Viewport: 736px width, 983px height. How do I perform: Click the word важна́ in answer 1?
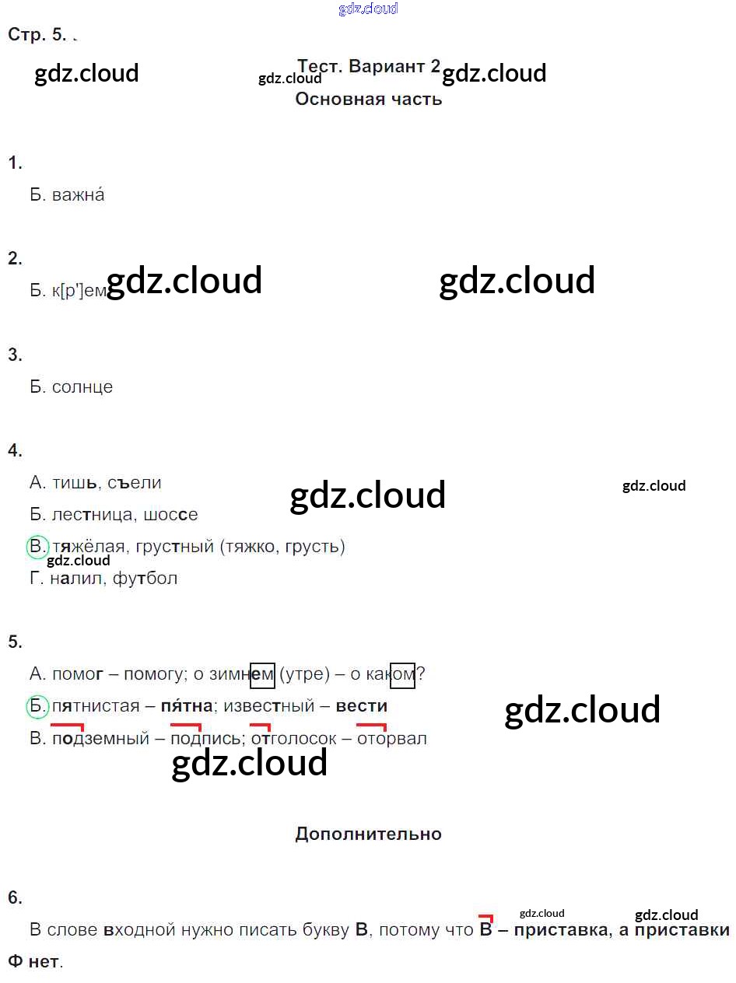click(78, 195)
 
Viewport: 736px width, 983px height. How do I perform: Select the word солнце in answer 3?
click(82, 387)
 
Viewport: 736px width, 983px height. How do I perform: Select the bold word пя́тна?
click(187, 706)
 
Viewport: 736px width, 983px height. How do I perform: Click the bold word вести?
click(362, 706)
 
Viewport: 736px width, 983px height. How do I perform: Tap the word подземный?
click(100, 739)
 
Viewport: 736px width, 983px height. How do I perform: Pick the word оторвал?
click(392, 739)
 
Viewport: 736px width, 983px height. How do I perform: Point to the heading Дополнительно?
click(368, 834)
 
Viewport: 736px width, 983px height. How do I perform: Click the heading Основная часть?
click(368, 100)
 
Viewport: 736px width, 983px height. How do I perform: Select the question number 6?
click(16, 898)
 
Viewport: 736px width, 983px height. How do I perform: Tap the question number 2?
click(16, 259)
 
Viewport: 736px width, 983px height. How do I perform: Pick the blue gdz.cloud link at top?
click(368, 9)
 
